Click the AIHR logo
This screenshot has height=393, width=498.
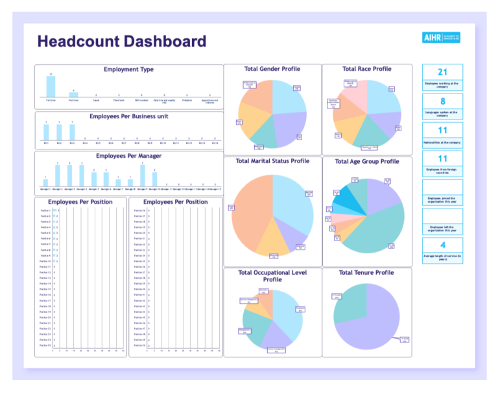click(x=441, y=38)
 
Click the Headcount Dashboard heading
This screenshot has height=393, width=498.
click(x=121, y=42)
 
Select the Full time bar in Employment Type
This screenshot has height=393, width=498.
click(x=51, y=87)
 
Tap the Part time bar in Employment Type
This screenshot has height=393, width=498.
click(x=73, y=95)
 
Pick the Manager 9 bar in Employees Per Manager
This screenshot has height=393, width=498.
click(x=143, y=176)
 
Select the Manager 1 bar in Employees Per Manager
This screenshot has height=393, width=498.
click(x=45, y=183)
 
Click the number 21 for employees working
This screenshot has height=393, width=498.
click(x=442, y=72)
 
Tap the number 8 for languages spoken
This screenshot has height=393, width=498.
click(x=442, y=101)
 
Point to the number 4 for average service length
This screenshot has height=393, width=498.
click(x=442, y=245)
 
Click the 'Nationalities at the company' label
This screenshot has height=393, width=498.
click(x=442, y=142)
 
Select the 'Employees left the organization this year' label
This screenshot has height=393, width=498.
click(x=442, y=228)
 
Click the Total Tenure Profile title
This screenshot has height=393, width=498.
click(x=366, y=273)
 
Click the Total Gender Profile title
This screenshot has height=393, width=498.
click(x=272, y=69)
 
